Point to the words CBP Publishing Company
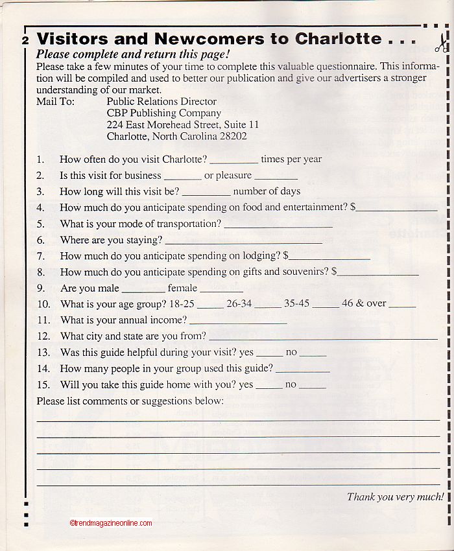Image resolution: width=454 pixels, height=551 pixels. point(155,113)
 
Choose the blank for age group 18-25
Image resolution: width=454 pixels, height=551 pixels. point(210,306)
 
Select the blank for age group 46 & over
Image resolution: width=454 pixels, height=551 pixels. point(402,306)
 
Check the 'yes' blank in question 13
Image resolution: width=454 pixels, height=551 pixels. point(270,356)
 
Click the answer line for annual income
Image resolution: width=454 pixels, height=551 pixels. point(238,323)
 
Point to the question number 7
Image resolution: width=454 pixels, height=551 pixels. point(40,256)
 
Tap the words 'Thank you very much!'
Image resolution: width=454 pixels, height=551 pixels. point(395,497)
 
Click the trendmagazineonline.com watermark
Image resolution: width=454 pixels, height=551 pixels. point(110,523)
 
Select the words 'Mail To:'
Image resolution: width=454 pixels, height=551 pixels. point(56,102)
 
